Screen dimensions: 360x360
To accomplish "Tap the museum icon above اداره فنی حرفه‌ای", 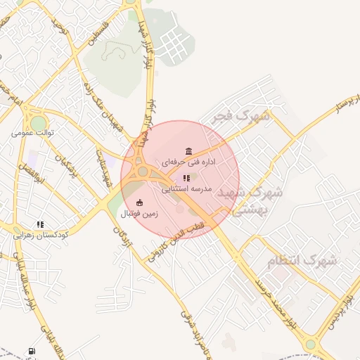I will pyautogui.click(x=188, y=151).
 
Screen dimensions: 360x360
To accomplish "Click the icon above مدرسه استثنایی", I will pyautogui.click(x=186, y=179).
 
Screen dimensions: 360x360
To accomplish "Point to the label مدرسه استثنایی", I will pyautogui.click(x=187, y=189).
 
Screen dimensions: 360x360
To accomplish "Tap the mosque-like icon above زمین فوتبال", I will pyautogui.click(x=139, y=203).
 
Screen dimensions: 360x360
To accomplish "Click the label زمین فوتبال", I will pyautogui.click(x=140, y=213).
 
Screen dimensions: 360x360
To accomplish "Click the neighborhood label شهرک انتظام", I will pyautogui.click(x=302, y=261).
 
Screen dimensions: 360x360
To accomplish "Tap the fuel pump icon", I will pyautogui.click(x=32, y=351).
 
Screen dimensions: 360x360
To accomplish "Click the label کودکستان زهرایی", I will pyautogui.click(x=41, y=236).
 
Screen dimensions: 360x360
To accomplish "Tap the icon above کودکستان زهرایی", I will pyautogui.click(x=40, y=225).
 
